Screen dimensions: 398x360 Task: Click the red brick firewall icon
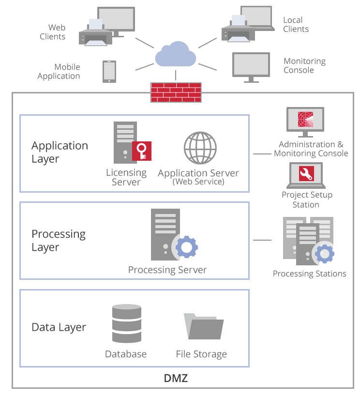point(176,92)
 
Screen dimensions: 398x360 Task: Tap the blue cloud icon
point(176,54)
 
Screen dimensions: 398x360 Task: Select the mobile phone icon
point(109,71)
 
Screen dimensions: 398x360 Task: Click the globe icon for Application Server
point(200,148)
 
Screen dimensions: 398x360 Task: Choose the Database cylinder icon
point(126,324)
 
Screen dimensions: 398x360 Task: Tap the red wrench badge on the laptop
point(306,173)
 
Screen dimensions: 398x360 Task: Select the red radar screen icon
point(305,120)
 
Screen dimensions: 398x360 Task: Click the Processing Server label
point(167,270)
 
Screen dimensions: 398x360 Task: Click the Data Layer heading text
point(59,327)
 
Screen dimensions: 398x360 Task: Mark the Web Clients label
point(57,32)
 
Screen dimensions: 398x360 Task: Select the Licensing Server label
point(126,177)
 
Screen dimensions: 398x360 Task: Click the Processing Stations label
point(309,274)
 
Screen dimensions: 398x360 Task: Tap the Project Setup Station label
point(307,199)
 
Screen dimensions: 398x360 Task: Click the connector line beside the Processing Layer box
point(262,240)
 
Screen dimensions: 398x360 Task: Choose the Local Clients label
point(296,25)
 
